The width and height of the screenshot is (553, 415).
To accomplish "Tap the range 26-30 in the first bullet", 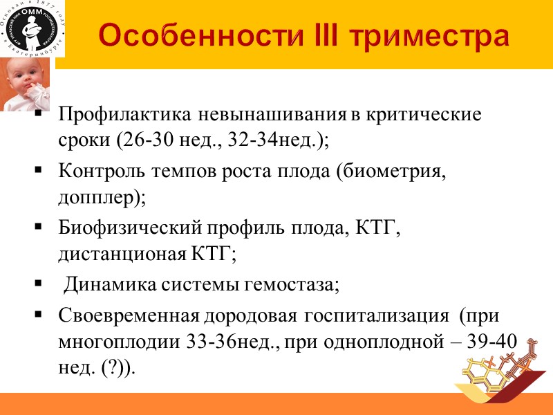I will pyautogui.click(x=138, y=140).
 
